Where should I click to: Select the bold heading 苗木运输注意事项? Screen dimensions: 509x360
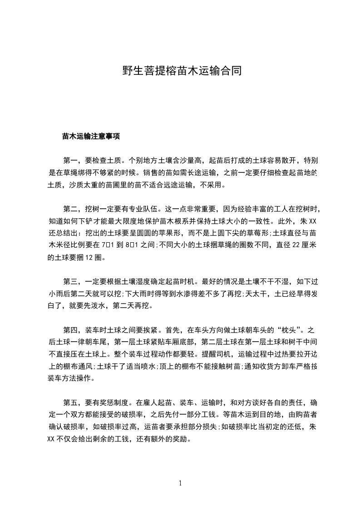[x=91, y=136]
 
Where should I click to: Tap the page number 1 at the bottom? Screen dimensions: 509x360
[x=180, y=483]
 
